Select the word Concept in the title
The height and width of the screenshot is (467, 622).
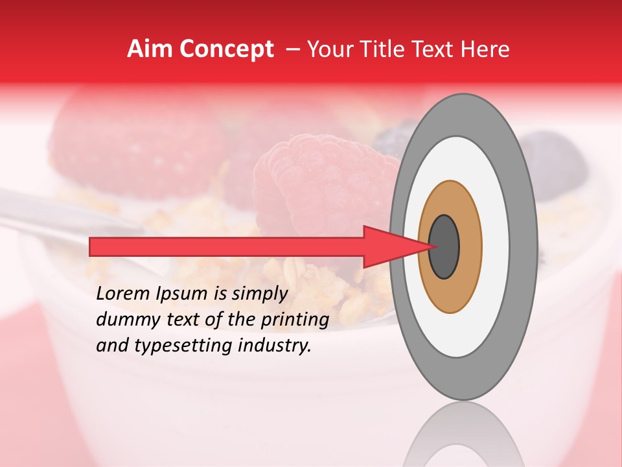[225, 49]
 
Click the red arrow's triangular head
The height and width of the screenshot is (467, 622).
[392, 246]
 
